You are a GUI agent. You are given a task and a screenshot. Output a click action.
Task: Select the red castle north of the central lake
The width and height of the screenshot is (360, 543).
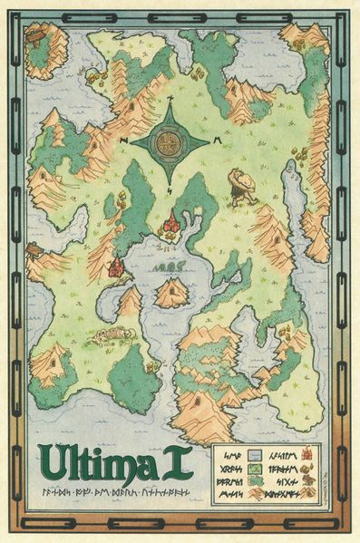click(170, 223)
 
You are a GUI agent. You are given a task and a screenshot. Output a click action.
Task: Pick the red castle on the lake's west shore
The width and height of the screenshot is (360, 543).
click(116, 267)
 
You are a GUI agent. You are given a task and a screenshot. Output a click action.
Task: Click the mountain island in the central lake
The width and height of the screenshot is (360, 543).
click(171, 292)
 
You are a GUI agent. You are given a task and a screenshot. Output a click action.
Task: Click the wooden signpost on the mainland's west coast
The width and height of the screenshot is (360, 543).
click(34, 249)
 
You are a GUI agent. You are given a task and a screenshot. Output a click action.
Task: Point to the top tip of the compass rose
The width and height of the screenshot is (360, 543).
click(169, 100)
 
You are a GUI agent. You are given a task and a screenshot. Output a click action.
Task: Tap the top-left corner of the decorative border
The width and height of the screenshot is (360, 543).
click(11, 11)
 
